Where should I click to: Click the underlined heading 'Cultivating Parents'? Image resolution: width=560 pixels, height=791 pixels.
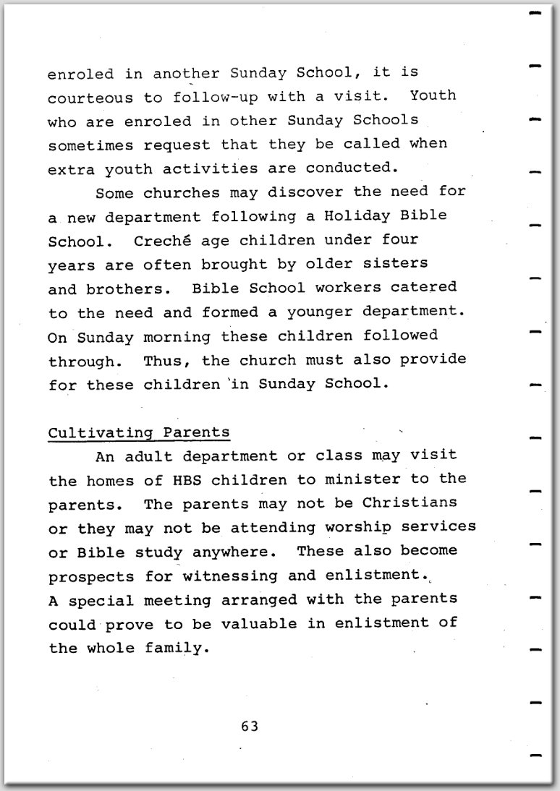click(x=139, y=432)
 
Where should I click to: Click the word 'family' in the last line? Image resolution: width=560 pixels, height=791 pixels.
click(x=176, y=648)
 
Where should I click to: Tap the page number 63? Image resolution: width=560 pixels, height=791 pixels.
click(x=250, y=726)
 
